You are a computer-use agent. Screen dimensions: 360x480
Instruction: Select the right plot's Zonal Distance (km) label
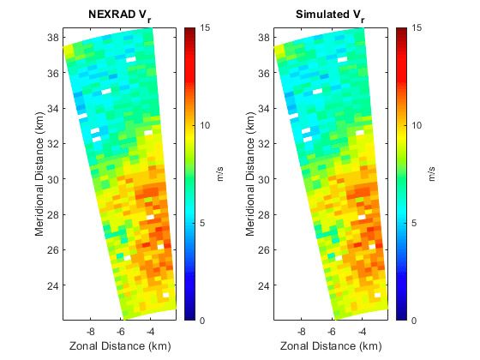(326, 345)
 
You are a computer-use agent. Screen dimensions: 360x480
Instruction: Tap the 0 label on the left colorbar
(201, 321)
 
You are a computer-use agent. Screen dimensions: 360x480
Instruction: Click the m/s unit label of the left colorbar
(221, 174)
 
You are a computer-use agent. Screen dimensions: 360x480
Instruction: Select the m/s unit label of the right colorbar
(432, 174)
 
